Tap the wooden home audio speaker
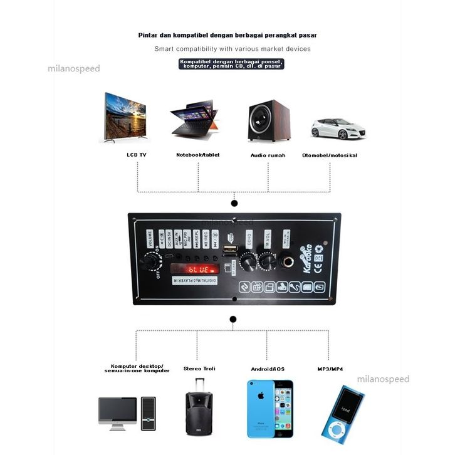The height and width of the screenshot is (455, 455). click(269, 120)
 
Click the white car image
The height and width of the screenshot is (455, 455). click(338, 128)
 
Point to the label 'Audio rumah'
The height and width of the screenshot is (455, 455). click(268, 155)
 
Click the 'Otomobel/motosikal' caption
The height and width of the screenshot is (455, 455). click(329, 155)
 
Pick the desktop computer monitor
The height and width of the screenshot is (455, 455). click(117, 412)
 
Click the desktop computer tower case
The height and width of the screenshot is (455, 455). click(149, 413)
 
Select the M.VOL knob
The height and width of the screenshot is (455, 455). click(267, 261)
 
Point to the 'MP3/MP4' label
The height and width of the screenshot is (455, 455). click(330, 369)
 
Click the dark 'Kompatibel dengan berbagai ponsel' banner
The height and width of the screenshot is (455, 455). click(231, 63)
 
